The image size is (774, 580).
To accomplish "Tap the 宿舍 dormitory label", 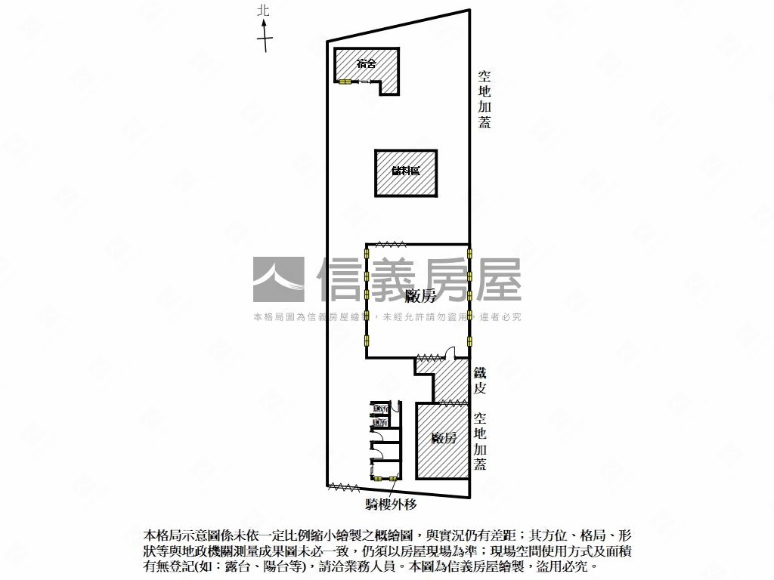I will (x=367, y=63).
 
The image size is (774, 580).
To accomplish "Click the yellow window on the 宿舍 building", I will (x=345, y=82).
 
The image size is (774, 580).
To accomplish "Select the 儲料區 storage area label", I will (x=406, y=171).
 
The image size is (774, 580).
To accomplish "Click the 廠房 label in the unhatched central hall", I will (x=420, y=295).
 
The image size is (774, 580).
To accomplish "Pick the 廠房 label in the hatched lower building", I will (x=443, y=439).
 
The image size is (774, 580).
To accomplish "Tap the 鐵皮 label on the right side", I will (x=480, y=381).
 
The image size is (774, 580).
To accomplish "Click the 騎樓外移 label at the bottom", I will (x=392, y=504).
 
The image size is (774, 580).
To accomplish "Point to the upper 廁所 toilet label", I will (x=381, y=409).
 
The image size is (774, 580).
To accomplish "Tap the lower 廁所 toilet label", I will (x=381, y=422).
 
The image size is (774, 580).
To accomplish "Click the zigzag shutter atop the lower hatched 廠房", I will (x=452, y=403).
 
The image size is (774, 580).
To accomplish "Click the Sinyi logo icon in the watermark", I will (x=278, y=280).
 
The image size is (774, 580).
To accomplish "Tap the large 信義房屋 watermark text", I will (x=419, y=280).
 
